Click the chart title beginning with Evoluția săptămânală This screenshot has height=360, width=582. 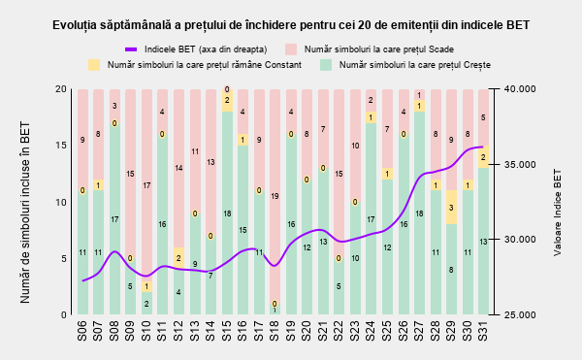(x=291, y=25)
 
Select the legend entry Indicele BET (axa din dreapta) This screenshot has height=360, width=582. (x=196, y=49)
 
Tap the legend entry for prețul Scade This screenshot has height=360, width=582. (x=370, y=49)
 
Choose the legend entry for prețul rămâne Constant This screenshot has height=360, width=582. (x=195, y=65)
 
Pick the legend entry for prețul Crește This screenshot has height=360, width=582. (x=405, y=65)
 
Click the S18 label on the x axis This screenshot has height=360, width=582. (x=275, y=331)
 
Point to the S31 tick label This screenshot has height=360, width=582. (x=483, y=331)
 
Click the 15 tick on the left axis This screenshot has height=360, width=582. (x=61, y=146)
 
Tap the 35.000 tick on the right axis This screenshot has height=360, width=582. (x=520, y=164)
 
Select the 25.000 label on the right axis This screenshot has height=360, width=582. (x=520, y=314)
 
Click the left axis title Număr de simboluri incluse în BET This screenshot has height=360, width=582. (x=25, y=213)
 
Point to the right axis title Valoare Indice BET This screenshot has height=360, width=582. (x=558, y=213)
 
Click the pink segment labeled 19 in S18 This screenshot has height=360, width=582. (x=275, y=196)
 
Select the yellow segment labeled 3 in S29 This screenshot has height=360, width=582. (x=451, y=208)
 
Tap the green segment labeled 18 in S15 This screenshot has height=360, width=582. (x=227, y=213)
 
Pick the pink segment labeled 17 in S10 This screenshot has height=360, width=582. (x=147, y=184)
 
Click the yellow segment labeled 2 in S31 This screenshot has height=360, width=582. (x=483, y=157)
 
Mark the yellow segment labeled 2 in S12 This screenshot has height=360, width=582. (x=178, y=258)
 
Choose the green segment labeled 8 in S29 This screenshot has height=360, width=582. (x=451, y=270)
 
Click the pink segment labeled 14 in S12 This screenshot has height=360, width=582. (x=178, y=168)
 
